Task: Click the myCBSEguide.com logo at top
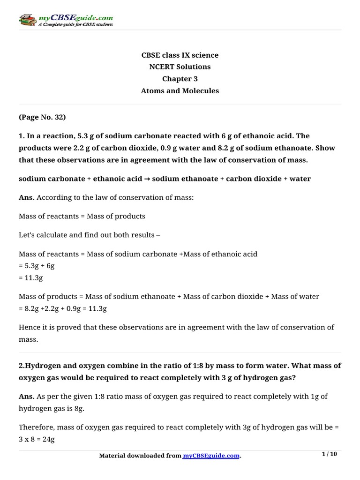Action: [x=66, y=20]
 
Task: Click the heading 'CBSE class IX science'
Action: [x=180, y=55]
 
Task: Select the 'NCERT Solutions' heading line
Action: [x=180, y=67]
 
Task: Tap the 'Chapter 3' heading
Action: [x=180, y=79]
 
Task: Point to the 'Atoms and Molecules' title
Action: [x=180, y=91]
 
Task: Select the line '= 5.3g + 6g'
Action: [x=37, y=266]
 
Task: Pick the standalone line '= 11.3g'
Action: [x=31, y=278]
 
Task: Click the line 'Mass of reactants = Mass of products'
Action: [x=82, y=217]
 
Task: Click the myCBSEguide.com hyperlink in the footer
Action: [x=211, y=456]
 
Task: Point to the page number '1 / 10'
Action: [x=330, y=454]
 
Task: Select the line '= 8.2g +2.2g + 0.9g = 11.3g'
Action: [x=63, y=309]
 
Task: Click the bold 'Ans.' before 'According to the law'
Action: [x=26, y=198]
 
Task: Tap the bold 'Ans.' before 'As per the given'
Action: [x=26, y=397]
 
